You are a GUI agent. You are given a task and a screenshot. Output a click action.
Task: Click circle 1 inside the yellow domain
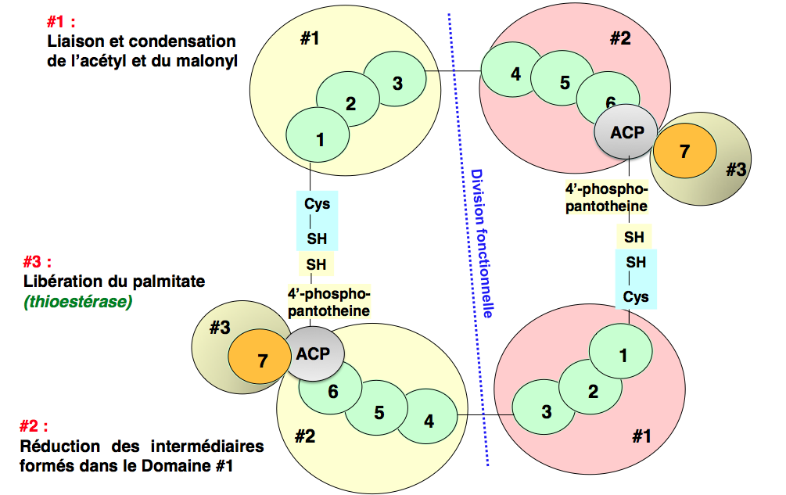pos(320,139)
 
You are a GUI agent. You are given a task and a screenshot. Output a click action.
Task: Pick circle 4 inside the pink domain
pos(515,74)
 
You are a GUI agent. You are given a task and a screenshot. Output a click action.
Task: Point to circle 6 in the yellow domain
pos(333,391)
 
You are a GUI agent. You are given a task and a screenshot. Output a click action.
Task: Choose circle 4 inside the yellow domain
pos(429,420)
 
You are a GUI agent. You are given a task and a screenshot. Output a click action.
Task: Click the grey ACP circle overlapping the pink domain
pos(628,132)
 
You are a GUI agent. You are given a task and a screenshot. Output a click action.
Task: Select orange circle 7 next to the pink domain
pos(685,151)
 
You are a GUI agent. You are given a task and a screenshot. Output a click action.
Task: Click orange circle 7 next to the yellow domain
pos(263,360)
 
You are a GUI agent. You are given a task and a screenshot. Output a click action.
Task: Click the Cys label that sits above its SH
pos(317,205)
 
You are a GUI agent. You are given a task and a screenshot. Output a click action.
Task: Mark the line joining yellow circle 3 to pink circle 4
pos(452,73)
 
